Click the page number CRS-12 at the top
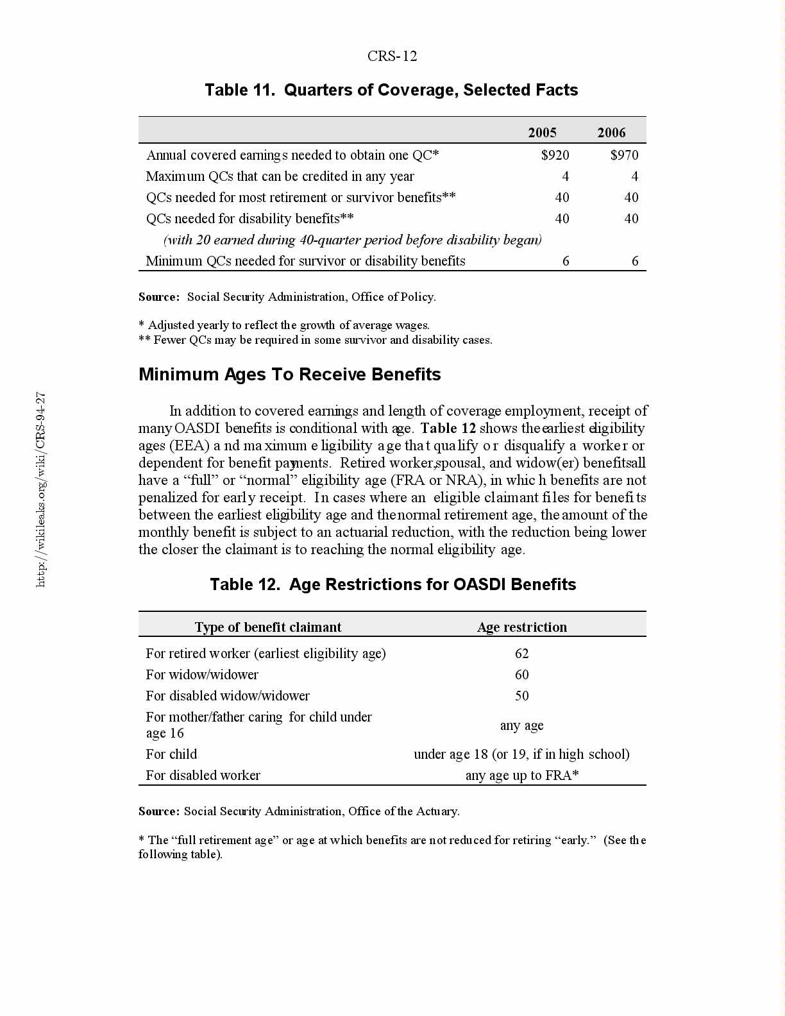point(392,56)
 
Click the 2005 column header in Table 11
point(542,133)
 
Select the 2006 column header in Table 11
point(611,133)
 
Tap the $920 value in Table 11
point(555,155)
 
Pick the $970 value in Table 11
point(624,155)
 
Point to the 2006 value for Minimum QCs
point(635,261)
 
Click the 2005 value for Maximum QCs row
point(565,176)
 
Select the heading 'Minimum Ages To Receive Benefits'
point(289,375)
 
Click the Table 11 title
point(391,90)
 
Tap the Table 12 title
point(393,584)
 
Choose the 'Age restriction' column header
point(521,627)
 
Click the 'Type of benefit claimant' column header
point(268,627)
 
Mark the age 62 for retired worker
point(521,654)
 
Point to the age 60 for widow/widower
point(521,675)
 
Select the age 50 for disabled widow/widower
point(521,696)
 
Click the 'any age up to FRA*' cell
point(521,775)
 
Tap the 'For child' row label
point(171,754)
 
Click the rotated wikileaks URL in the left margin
point(40,489)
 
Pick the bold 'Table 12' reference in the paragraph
point(448,428)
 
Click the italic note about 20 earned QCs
point(352,240)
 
